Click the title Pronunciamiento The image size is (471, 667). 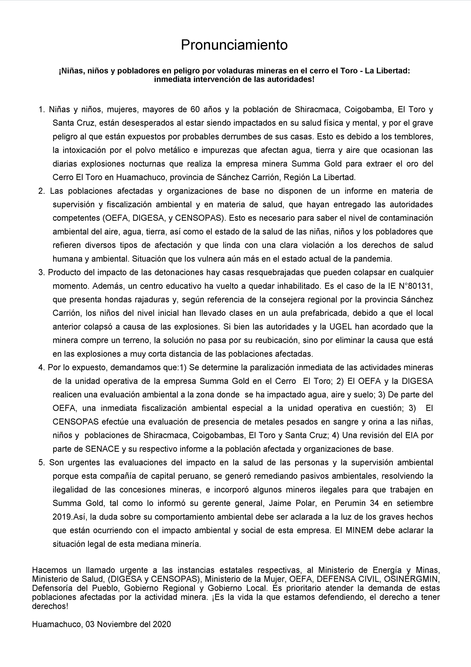click(234, 45)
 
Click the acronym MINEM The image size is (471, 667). click(360, 530)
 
